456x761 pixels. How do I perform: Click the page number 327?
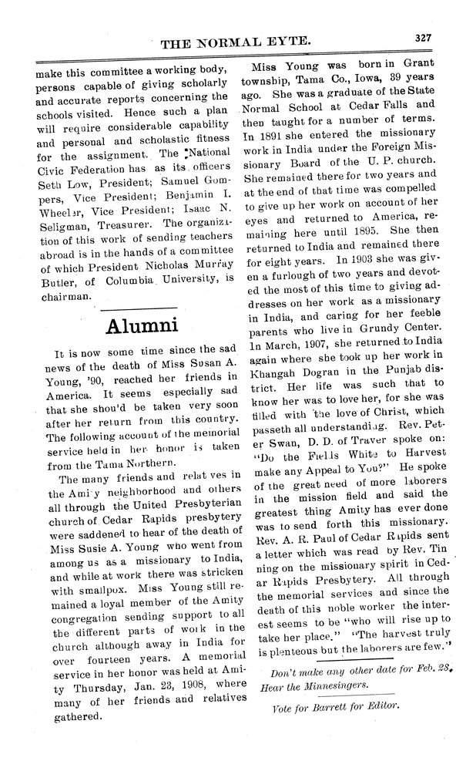coord(422,35)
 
